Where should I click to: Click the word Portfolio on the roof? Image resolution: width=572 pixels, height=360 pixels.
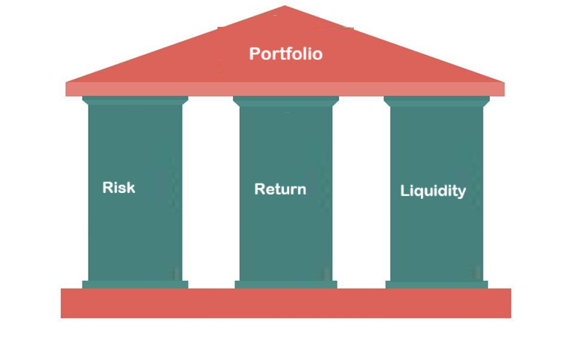285,54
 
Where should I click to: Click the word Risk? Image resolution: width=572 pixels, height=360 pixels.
118,187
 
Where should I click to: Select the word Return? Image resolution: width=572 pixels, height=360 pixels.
280,189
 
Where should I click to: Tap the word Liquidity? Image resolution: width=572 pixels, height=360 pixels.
433,191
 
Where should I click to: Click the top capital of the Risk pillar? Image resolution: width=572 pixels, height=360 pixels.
135,101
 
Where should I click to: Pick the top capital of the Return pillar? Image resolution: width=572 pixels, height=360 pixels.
286,101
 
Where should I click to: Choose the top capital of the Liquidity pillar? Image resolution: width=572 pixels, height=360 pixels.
436,101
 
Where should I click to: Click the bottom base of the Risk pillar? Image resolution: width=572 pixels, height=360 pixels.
135,284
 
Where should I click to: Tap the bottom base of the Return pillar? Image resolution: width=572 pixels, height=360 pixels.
286,284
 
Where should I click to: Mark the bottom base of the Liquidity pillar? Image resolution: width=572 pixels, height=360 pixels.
436,284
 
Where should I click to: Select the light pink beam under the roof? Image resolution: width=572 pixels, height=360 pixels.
285,89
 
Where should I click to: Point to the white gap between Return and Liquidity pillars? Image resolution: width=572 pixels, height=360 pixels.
361,194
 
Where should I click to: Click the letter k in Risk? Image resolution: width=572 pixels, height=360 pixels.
130,187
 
